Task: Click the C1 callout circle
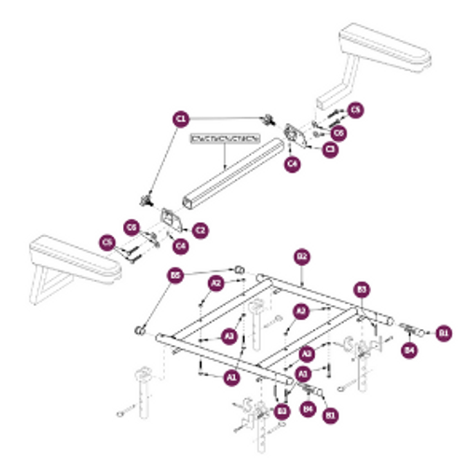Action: point(182,118)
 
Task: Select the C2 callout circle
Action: point(199,229)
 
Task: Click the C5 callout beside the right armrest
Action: point(356,111)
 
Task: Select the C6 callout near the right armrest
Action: point(338,133)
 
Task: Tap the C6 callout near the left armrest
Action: point(132,227)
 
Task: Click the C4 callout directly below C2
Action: point(181,245)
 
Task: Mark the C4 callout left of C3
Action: point(293,164)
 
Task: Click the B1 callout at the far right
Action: point(444,331)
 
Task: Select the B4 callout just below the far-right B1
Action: point(408,350)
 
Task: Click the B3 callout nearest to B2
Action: point(362,290)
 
